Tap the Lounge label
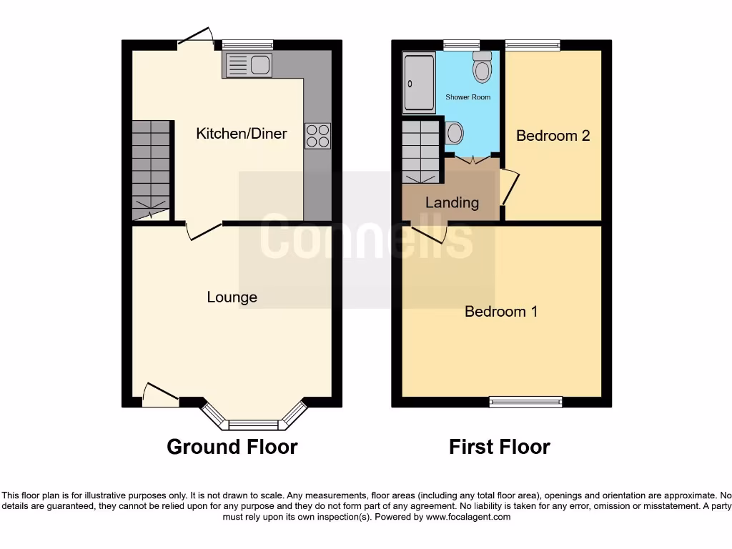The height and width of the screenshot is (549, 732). [x=232, y=297]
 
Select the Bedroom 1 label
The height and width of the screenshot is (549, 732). [x=501, y=312]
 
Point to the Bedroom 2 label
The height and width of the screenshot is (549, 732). [x=553, y=136]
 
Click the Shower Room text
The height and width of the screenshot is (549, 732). [x=468, y=97]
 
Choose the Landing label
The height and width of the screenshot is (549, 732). [x=452, y=202]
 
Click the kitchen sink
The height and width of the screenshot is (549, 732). [x=248, y=66]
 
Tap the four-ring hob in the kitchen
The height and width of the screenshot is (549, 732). [x=318, y=136]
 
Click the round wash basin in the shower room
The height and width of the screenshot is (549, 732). [x=454, y=133]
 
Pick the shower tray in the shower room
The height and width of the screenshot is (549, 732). [x=418, y=82]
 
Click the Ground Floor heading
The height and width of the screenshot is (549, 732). [x=232, y=447]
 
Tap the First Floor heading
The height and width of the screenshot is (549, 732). [x=499, y=447]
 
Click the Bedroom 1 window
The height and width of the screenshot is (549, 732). [x=525, y=402]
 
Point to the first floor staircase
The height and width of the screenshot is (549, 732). [x=421, y=152]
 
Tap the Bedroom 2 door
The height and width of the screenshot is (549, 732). [x=509, y=187]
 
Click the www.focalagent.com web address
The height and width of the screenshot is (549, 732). [x=468, y=517]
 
